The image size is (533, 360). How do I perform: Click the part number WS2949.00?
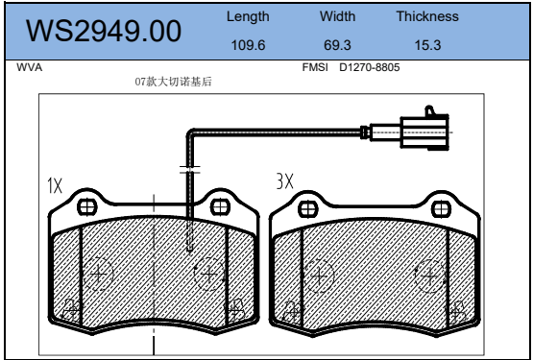[104, 31]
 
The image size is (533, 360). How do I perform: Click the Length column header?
[248, 17]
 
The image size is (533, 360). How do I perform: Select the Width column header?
[337, 16]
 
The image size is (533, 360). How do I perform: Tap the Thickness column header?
[427, 16]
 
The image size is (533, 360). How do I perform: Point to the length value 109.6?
[248, 45]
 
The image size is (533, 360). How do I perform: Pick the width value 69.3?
[337, 45]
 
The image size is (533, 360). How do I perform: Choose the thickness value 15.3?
[427, 45]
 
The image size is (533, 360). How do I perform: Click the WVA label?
[29, 67]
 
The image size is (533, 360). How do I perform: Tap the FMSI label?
[315, 67]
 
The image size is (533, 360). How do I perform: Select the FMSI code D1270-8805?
[370, 67]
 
